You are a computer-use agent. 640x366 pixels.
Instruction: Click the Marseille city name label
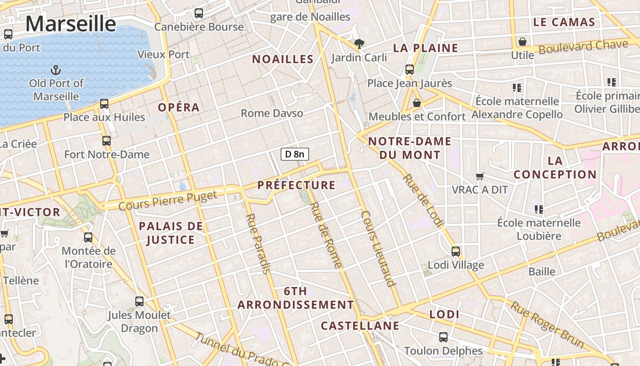coord(70,24)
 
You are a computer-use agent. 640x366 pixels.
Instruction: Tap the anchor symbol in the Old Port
coord(56,70)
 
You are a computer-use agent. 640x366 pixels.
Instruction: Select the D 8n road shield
coord(294,154)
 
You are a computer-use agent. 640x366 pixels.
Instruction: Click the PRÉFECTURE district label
coord(296,185)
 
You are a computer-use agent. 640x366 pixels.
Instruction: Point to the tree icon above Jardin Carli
coord(359,44)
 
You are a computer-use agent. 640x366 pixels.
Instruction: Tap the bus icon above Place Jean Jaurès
coord(410,70)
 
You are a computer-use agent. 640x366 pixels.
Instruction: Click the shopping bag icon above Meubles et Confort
coord(416,103)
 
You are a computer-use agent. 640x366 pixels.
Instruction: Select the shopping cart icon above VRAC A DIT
coord(480,176)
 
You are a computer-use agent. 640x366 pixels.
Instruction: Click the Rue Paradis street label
coord(258,243)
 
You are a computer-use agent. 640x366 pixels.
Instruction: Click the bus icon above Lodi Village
coord(456,251)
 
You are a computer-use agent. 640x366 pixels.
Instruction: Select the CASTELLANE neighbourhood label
coord(360,326)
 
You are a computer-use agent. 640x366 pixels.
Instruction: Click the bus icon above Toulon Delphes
coord(443,337)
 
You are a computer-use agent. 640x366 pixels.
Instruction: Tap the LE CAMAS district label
coord(564,22)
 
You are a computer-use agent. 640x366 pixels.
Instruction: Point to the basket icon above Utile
coord(523,42)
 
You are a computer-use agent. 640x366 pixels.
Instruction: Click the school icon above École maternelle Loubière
coord(539,210)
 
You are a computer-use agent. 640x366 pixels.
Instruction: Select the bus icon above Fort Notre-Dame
coord(107,141)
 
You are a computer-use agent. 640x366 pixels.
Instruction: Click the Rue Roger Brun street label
coord(547,324)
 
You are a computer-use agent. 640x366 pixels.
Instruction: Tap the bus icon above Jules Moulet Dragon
coord(139,301)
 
